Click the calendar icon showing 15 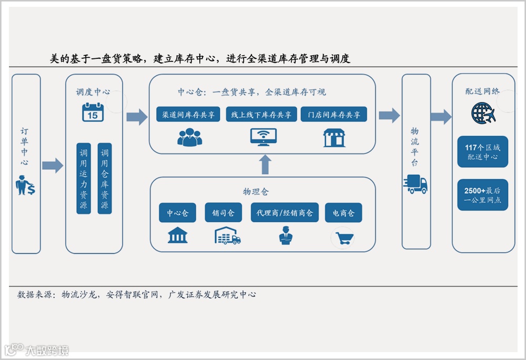(93, 112)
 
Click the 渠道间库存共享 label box (188, 115)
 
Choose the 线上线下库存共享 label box (261, 115)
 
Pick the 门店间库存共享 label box (334, 115)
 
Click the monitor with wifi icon (263, 137)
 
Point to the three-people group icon (190, 137)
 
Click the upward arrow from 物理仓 (265, 164)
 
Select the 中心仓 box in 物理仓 (177, 213)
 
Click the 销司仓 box (223, 213)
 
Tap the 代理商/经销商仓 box (285, 213)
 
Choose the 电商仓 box (343, 213)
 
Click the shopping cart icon (345, 238)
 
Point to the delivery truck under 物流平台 (415, 184)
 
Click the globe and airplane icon (482, 112)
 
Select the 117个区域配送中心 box (482, 152)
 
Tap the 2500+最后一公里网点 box (482, 195)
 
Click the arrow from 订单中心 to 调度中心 (52, 166)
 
